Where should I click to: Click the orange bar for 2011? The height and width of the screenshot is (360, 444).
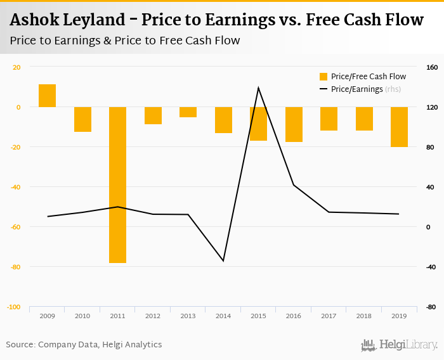click(118, 184)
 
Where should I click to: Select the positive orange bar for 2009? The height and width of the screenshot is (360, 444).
click(48, 96)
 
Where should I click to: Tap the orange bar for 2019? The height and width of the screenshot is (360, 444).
click(399, 127)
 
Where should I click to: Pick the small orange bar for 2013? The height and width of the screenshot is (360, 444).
click(188, 112)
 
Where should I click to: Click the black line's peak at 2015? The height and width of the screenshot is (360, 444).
click(258, 87)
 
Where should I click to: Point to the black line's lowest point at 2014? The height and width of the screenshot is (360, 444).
click(223, 260)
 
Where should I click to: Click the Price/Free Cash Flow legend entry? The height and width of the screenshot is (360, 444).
click(362, 77)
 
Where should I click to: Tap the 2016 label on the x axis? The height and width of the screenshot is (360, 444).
click(294, 315)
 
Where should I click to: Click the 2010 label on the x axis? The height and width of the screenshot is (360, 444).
click(82, 315)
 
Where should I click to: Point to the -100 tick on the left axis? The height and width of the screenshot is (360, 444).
click(13, 307)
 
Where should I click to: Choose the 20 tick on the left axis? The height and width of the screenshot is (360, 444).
click(16, 67)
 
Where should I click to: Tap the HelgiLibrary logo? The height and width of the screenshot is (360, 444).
click(400, 345)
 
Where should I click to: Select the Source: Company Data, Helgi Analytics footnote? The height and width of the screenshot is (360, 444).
click(84, 345)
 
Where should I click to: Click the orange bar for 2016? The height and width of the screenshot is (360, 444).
click(294, 124)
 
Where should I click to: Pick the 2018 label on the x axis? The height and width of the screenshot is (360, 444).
click(364, 315)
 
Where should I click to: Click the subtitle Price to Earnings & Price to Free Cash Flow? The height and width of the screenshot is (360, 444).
click(125, 41)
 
